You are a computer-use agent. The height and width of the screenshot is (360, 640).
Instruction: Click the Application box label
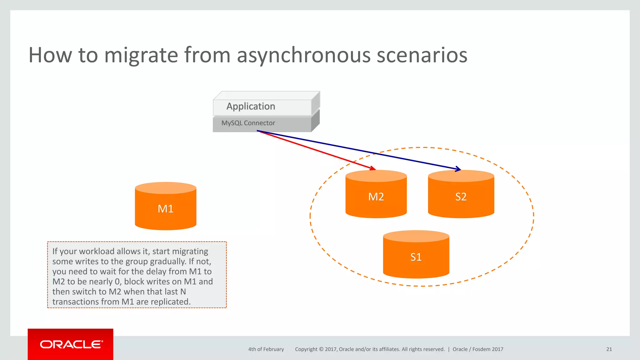coord(251,107)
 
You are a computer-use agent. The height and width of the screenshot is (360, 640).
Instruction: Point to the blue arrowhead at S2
coord(458,169)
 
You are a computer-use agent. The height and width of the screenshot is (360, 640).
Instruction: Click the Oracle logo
coord(71,344)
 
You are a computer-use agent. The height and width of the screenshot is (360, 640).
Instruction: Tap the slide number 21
coord(609,349)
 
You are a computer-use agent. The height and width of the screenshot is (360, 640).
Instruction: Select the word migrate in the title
coord(141,55)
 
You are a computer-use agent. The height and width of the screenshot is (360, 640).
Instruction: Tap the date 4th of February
coord(266,349)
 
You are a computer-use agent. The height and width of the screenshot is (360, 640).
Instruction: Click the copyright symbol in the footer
coord(321,349)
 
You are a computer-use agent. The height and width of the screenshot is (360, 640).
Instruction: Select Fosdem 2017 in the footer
coord(488,349)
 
